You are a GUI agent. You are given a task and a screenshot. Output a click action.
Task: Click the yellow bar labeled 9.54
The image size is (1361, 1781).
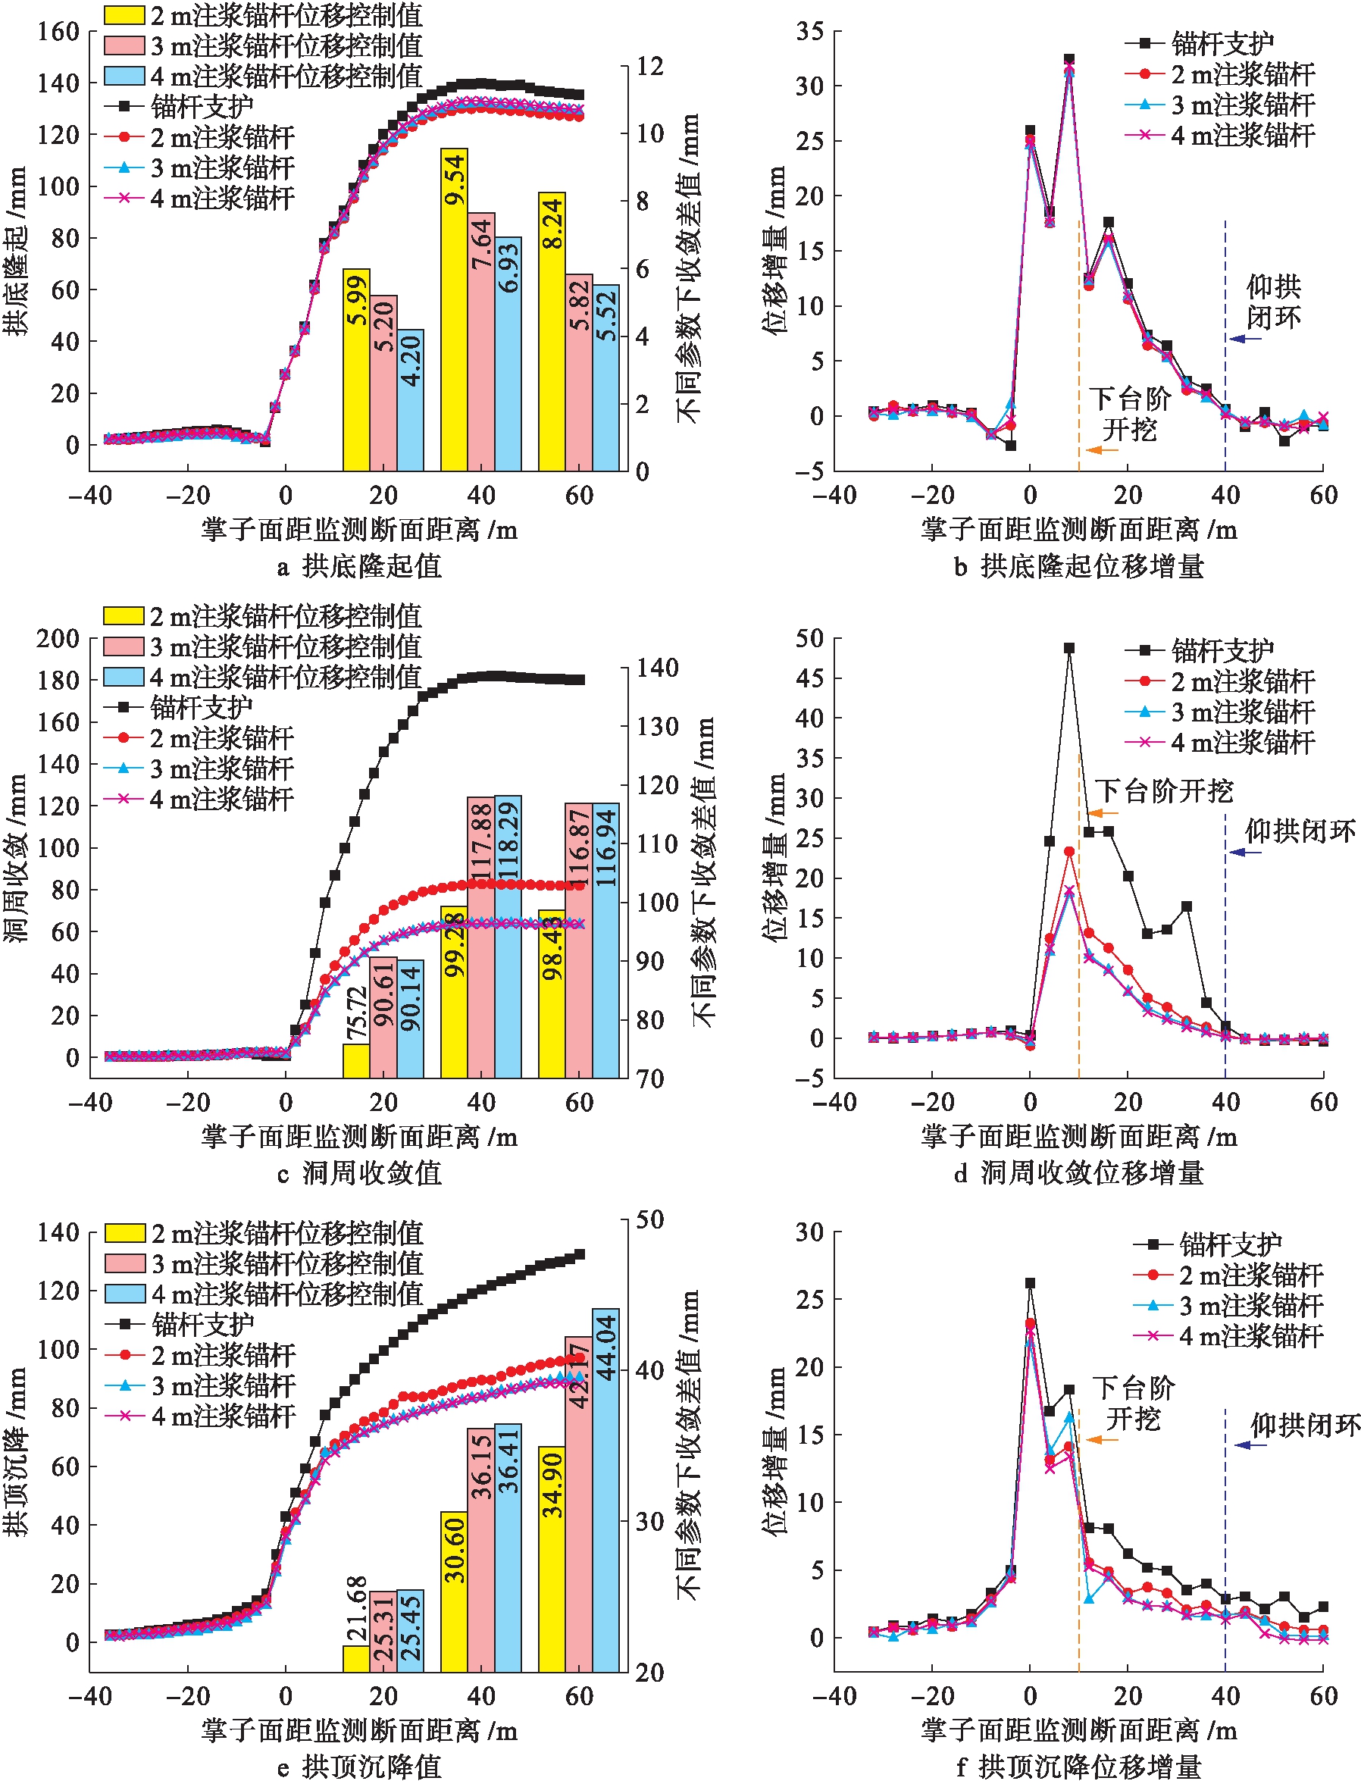pos(454,308)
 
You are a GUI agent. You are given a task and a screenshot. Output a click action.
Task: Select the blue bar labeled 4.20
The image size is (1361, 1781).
pos(411,399)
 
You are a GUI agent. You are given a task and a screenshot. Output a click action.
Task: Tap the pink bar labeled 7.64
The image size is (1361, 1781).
pos(481,340)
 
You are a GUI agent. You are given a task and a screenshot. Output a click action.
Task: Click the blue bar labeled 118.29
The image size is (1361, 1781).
pos(508,936)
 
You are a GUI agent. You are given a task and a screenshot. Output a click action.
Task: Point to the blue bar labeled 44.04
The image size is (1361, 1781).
pos(605,1489)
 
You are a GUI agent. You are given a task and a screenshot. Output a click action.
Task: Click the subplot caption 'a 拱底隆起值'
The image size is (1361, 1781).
pos(359,565)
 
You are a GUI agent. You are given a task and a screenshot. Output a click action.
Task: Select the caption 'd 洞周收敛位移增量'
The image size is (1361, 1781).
pos(1078,1172)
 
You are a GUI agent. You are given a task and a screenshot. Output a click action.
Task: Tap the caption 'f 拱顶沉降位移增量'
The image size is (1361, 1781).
pos(1078,1766)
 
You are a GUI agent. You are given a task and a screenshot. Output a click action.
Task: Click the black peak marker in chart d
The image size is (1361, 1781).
pos(1069,648)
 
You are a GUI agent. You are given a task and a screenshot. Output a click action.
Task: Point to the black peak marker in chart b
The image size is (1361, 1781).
pos(1069,59)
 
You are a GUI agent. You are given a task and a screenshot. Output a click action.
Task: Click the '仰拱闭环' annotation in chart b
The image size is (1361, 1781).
pos(1274,302)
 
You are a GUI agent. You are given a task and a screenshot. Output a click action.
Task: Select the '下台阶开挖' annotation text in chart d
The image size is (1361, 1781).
pos(1164,790)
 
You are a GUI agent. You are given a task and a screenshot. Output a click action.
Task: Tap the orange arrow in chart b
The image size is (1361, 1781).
pos(1102,449)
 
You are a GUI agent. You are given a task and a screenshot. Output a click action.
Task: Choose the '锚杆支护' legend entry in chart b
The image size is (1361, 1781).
pos(1199,44)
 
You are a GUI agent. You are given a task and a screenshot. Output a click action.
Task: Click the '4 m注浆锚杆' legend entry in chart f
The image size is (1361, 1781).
pos(1228,1335)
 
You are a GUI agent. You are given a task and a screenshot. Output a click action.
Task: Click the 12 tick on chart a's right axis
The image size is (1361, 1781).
pos(649,67)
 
